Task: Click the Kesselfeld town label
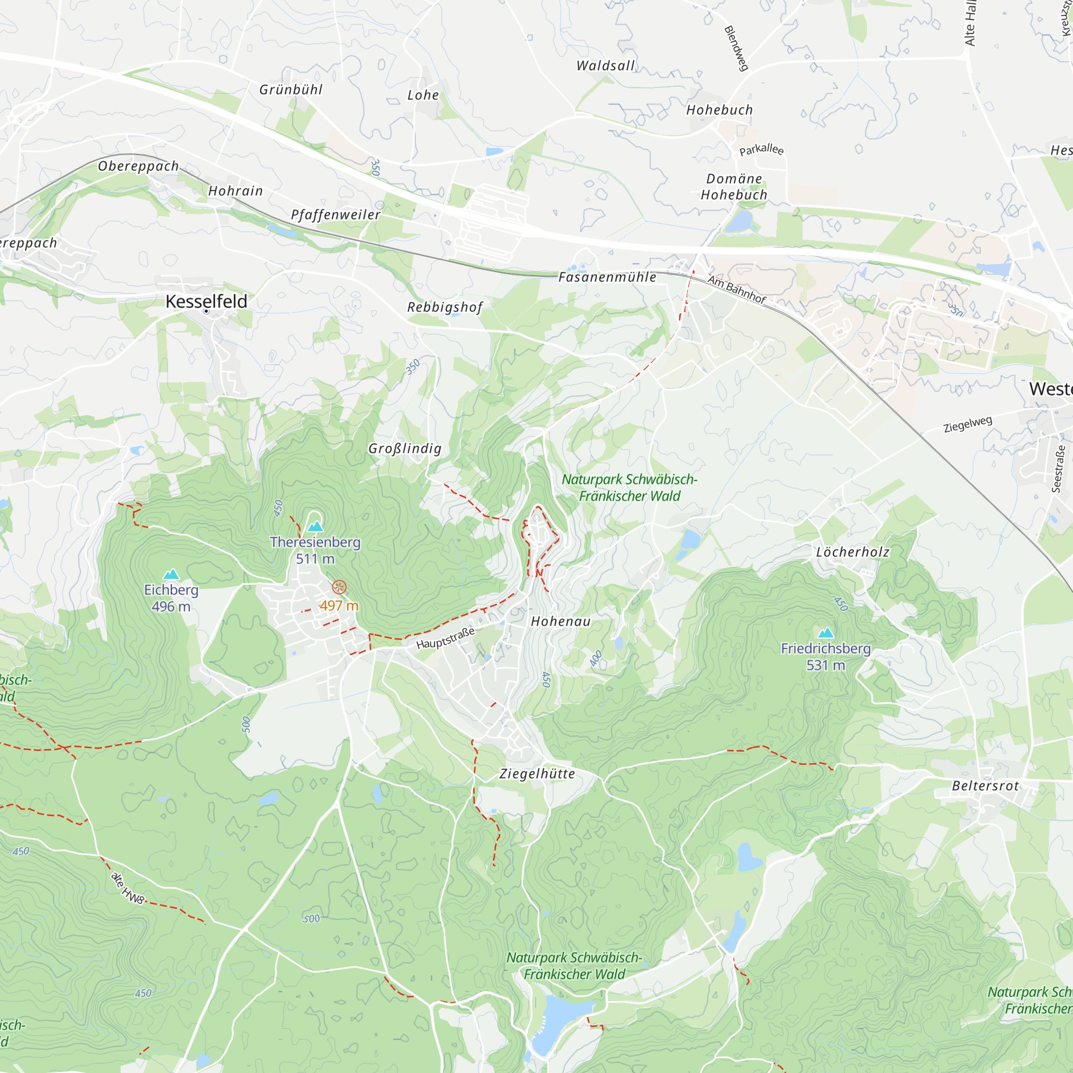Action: (206, 302)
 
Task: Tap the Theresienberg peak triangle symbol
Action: (315, 526)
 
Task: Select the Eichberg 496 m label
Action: (171, 598)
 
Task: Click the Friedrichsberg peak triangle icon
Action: (826, 633)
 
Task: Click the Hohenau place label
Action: (561, 621)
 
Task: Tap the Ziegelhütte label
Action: (537, 774)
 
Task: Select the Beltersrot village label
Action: (985, 786)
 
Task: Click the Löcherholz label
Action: (852, 552)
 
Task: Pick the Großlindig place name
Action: (405, 448)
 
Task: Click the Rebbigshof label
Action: (445, 307)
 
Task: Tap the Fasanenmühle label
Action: (607, 277)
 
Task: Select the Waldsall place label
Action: (605, 65)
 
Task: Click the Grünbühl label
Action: (291, 90)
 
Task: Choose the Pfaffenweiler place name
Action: (335, 215)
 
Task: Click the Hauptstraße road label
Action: (445, 638)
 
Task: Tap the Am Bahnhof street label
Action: (737, 289)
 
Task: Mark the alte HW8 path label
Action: (128, 888)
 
